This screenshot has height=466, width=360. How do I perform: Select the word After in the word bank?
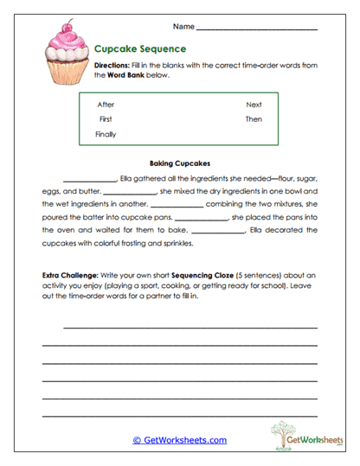(106, 105)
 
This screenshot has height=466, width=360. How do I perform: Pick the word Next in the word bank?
(254, 105)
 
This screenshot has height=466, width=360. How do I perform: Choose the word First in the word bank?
(106, 119)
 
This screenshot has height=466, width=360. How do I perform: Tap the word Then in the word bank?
(254, 119)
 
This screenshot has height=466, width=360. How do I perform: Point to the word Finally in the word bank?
(106, 134)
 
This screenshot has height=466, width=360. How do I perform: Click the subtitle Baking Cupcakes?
(180, 163)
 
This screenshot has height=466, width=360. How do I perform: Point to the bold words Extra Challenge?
(69, 274)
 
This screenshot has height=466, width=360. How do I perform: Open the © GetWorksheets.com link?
(179, 440)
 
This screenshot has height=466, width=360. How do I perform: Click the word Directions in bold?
(112, 66)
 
